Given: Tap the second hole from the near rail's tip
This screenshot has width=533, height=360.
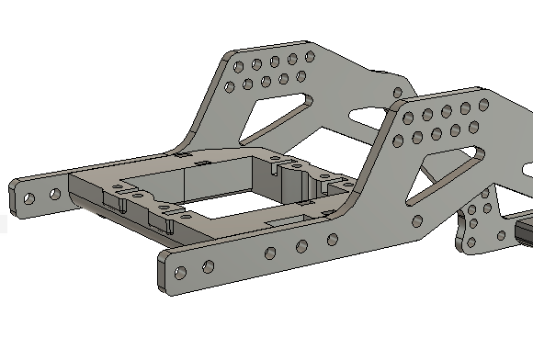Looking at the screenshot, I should [208, 266].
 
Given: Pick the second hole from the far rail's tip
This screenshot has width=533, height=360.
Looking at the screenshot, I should [54, 194].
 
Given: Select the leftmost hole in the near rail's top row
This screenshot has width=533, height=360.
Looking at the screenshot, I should [409, 118].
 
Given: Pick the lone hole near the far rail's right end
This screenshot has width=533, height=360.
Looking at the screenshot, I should [395, 93].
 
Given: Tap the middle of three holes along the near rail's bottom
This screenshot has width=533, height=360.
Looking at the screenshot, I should [302, 246].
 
